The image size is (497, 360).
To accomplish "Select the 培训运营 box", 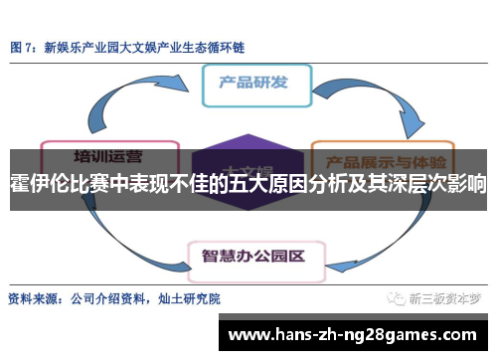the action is click(x=106, y=156).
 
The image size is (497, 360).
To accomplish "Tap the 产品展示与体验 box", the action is click(x=384, y=159).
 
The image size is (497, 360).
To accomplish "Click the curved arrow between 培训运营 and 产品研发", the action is click(x=139, y=99).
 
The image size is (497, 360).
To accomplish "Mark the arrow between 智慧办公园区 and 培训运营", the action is click(x=129, y=219).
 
